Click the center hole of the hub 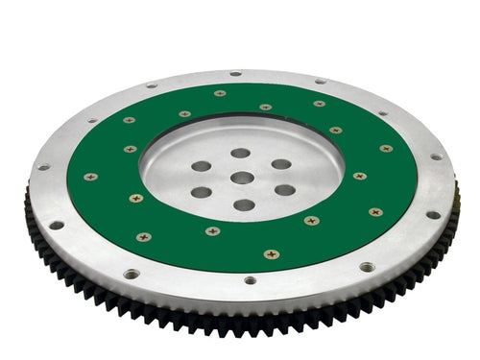[242, 178]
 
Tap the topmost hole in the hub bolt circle [240, 153]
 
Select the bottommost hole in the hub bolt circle [244, 204]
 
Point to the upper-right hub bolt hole [280, 164]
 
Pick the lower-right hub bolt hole [284, 190]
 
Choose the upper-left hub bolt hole [202, 166]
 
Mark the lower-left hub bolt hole [202, 192]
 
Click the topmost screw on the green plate [220, 93]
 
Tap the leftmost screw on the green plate [91, 177]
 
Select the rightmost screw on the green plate [386, 149]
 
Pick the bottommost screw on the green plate [272, 254]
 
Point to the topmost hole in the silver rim [235, 73]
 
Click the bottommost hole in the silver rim [250, 280]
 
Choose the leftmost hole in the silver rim [42, 167]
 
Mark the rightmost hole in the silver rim [436, 156]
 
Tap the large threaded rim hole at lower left [131, 274]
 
